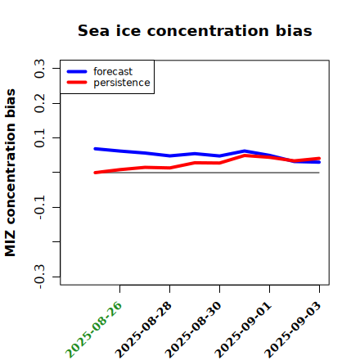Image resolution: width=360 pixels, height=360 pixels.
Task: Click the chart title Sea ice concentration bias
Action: (x=195, y=30)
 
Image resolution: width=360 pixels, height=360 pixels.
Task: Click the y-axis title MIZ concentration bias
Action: (x=11, y=173)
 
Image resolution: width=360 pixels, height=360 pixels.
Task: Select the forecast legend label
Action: (x=113, y=72)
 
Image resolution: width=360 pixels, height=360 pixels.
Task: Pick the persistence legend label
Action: (x=122, y=83)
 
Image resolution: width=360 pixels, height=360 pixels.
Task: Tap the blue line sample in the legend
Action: (x=77, y=71)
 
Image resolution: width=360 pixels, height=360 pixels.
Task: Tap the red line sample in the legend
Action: (x=77, y=83)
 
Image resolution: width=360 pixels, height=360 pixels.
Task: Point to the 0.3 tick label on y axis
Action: (x=39, y=69)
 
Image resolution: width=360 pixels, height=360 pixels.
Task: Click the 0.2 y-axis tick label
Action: (x=39, y=103)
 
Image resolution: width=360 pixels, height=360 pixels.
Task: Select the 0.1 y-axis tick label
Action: (x=39, y=138)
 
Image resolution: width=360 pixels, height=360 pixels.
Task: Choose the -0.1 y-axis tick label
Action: (x=39, y=208)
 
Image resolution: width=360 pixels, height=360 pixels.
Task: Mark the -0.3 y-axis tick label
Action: (x=39, y=277)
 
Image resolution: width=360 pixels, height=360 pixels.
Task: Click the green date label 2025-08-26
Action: (x=93, y=330)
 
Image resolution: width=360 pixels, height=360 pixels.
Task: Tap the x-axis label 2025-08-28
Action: (x=143, y=330)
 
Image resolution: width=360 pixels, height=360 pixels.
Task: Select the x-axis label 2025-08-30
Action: (x=193, y=330)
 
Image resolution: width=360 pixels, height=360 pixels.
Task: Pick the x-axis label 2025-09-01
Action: (x=243, y=330)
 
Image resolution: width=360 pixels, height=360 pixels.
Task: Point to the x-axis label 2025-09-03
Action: (x=293, y=330)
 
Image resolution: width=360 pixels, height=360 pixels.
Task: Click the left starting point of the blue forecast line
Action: (x=95, y=149)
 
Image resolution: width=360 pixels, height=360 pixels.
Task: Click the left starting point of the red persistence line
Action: (x=95, y=173)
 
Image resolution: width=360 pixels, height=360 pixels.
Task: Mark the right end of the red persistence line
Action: (x=319, y=159)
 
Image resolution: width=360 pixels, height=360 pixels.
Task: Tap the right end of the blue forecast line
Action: (x=319, y=162)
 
